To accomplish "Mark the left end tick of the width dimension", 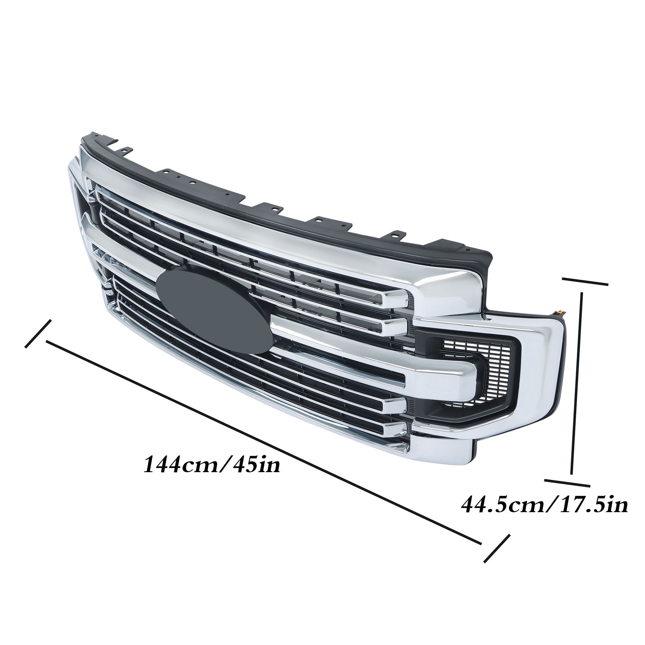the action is tap(38, 334).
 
